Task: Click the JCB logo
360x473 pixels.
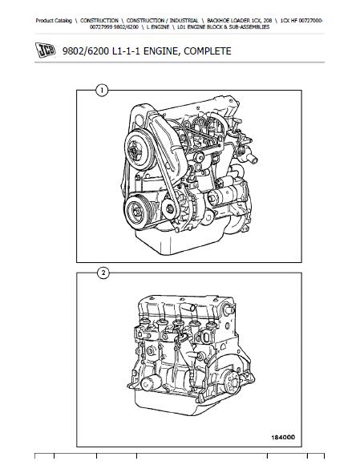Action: click(45, 50)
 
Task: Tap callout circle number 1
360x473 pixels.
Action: click(102, 91)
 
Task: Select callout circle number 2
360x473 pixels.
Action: click(103, 273)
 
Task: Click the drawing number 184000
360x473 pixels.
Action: click(283, 437)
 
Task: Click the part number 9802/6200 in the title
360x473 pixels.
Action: click(86, 51)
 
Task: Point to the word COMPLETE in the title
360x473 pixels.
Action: click(208, 51)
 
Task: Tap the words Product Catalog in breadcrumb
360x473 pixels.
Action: click(54, 21)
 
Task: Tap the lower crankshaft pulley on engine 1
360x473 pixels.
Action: click(138, 210)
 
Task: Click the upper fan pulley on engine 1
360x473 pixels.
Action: click(140, 150)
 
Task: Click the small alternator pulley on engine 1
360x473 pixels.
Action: click(170, 208)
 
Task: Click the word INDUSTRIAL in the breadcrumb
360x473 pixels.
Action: click(184, 21)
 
